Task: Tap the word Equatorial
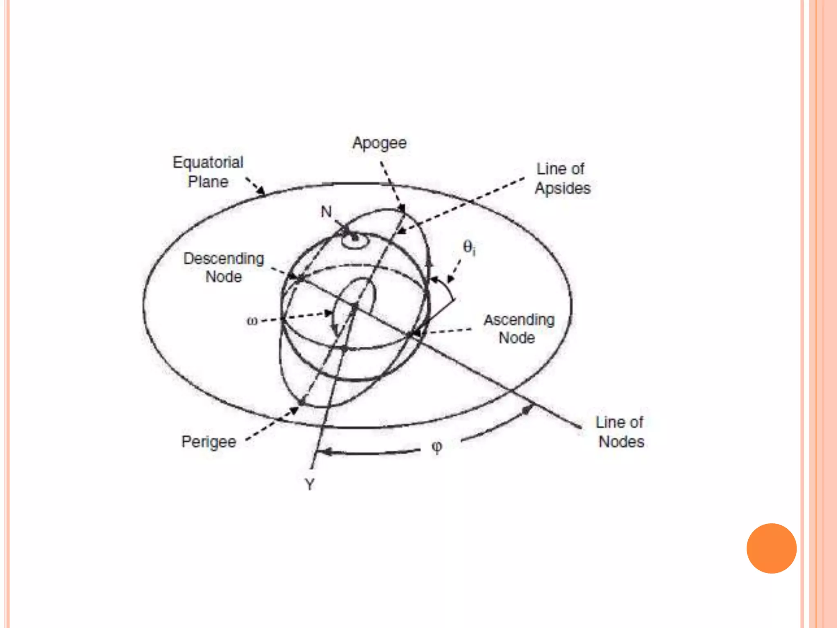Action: (x=208, y=163)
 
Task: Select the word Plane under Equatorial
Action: (x=208, y=182)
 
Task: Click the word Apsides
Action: (x=563, y=188)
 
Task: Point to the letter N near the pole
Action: (x=326, y=212)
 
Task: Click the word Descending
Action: (x=224, y=259)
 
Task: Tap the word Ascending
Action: (x=519, y=320)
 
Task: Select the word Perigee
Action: (x=209, y=442)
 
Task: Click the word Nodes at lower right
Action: (x=621, y=442)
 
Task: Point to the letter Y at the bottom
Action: (x=310, y=485)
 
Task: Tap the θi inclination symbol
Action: (x=469, y=247)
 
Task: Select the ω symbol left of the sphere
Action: (x=252, y=321)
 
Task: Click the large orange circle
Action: (x=771, y=548)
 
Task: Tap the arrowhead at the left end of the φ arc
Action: (x=323, y=452)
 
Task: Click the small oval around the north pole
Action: (x=355, y=241)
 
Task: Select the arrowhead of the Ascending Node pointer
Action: (x=416, y=334)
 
